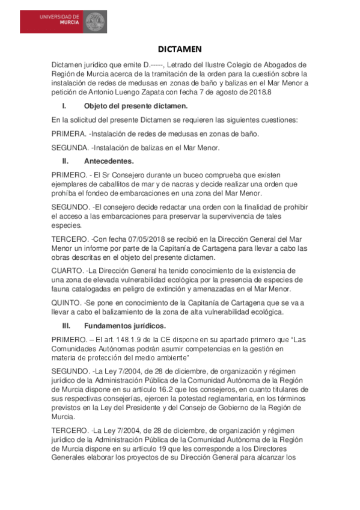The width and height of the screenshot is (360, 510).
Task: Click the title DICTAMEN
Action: (x=180, y=49)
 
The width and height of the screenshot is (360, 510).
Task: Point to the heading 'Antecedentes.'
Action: (x=109, y=161)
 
